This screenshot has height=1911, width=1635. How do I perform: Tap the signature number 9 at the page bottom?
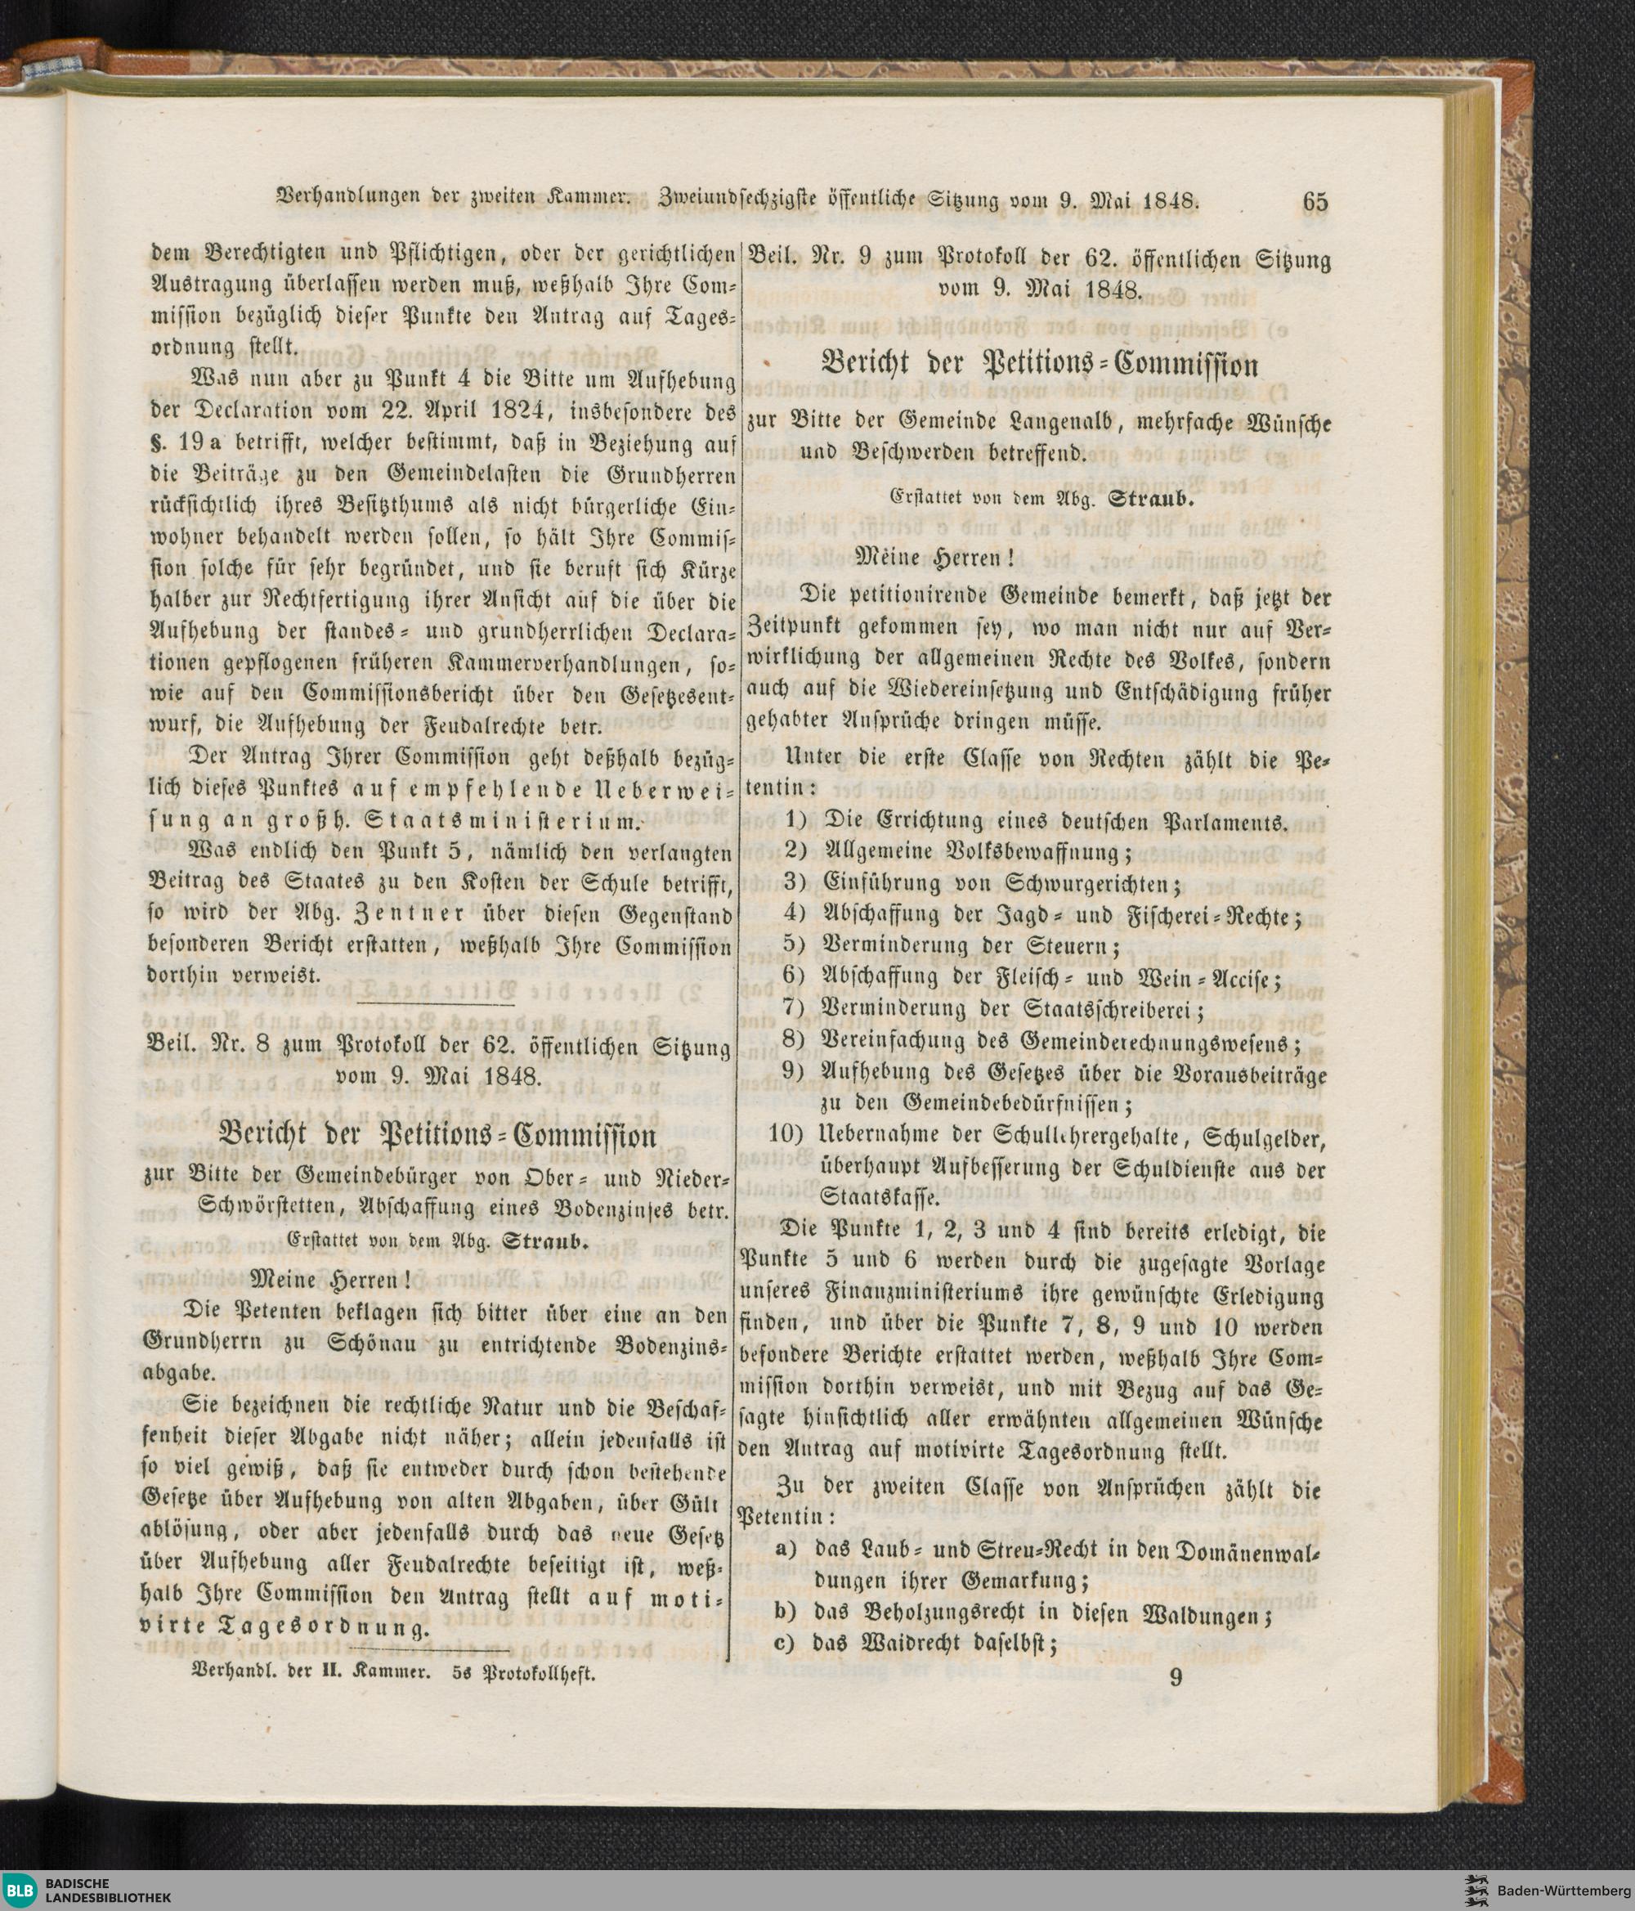[x=1175, y=1678]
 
